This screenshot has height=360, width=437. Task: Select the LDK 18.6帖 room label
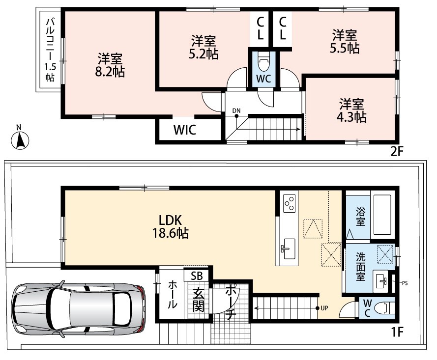click(170, 226)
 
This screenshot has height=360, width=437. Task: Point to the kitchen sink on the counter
click(288, 249)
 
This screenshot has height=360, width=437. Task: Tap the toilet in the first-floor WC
click(385, 308)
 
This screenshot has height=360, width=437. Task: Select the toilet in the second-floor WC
click(263, 64)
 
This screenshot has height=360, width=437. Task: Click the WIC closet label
click(185, 130)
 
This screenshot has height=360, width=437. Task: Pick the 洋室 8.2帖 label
click(110, 65)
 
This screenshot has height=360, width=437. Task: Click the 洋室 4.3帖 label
click(351, 111)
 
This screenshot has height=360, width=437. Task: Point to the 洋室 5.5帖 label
click(345, 42)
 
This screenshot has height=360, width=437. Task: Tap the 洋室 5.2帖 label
click(204, 47)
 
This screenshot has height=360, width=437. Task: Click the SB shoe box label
click(197, 276)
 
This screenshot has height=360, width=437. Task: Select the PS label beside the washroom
click(405, 283)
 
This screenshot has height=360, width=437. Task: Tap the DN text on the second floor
click(236, 111)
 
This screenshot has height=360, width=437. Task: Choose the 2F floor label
click(397, 152)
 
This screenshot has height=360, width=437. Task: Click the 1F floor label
click(397, 332)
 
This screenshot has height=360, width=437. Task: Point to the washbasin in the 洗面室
click(381, 281)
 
